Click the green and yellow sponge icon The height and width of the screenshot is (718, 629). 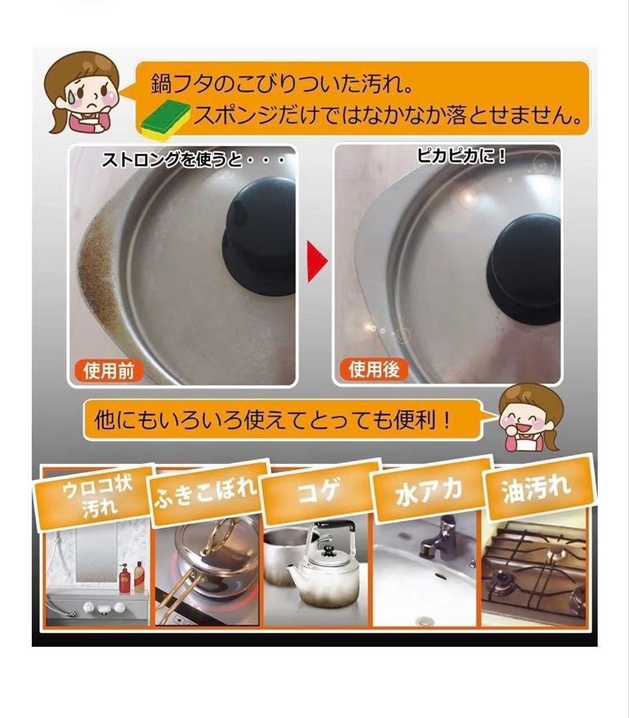point(167,118)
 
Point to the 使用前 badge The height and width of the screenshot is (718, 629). point(108,370)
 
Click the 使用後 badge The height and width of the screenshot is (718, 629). point(374,368)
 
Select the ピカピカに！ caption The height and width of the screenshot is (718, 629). point(461,157)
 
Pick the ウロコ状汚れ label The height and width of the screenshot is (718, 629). point(94,497)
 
